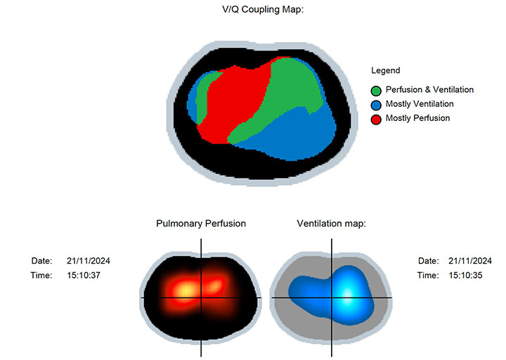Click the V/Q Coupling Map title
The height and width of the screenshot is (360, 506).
click(x=263, y=9)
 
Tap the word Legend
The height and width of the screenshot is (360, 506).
click(x=386, y=70)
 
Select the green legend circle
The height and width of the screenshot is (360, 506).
click(x=376, y=91)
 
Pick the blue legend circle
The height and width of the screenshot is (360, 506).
click(x=376, y=105)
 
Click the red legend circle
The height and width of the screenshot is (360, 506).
click(x=376, y=120)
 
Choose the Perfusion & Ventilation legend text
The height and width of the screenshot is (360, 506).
click(x=429, y=89)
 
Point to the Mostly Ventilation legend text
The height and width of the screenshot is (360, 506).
click(x=420, y=103)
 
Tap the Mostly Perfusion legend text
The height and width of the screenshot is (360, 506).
click(x=417, y=118)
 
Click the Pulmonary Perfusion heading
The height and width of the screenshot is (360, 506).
click(x=201, y=224)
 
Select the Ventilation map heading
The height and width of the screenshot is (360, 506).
click(x=332, y=224)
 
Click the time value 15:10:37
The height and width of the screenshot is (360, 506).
click(x=84, y=275)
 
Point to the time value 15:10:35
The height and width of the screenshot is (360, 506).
click(x=465, y=275)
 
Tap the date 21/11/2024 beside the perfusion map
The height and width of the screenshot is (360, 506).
click(x=89, y=261)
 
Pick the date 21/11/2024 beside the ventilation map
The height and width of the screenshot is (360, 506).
click(x=470, y=261)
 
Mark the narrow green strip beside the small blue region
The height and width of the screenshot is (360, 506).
click(x=202, y=97)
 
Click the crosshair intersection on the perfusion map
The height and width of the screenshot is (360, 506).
click(x=201, y=297)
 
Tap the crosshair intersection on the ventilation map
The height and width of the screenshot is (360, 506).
click(x=332, y=297)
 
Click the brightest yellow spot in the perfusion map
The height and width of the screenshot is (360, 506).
click(x=186, y=289)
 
